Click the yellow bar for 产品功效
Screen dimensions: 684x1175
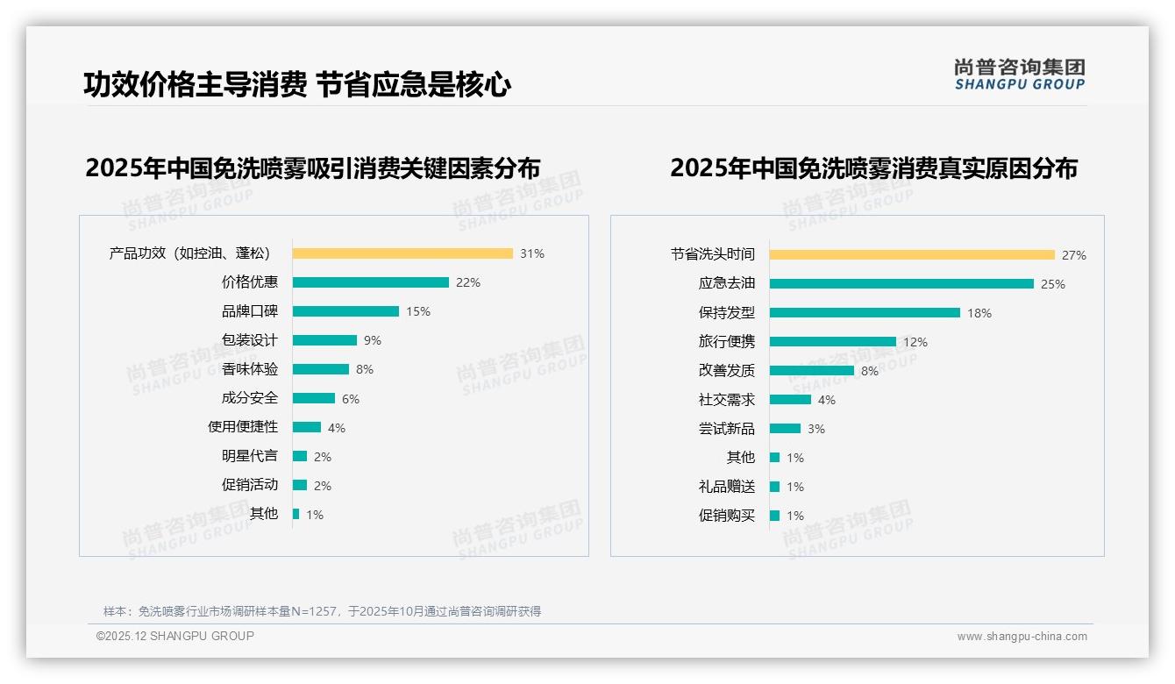pyautogui.click(x=402, y=253)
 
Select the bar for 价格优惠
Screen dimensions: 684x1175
pyautogui.click(x=370, y=282)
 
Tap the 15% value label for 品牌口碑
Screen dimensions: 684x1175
pyautogui.click(x=417, y=311)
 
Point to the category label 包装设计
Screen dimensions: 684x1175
pyautogui.click(x=250, y=340)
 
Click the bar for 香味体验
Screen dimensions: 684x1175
pyautogui.click(x=321, y=369)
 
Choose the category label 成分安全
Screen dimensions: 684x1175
pyautogui.click(x=250, y=398)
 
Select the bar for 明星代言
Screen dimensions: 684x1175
pyautogui.click(x=300, y=456)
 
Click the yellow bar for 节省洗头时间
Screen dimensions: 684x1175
pyautogui.click(x=912, y=255)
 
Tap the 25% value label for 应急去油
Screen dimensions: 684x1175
pyautogui.click(x=1052, y=284)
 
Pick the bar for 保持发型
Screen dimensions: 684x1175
pyautogui.click(x=865, y=313)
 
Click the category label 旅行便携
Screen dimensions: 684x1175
pyautogui.click(x=726, y=342)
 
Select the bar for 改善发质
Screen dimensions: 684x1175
pyautogui.click(x=812, y=371)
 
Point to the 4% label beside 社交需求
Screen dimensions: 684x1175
pyautogui.click(x=826, y=400)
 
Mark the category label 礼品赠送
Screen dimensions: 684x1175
pyautogui.click(x=726, y=487)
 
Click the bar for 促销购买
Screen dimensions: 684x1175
pyautogui.click(x=775, y=516)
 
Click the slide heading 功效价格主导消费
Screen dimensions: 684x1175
pyautogui.click(x=195, y=85)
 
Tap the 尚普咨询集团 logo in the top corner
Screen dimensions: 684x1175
pyautogui.click(x=1019, y=75)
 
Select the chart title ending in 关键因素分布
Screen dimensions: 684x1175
pyautogui.click(x=312, y=167)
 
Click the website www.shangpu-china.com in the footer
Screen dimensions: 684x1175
pyautogui.click(x=1022, y=637)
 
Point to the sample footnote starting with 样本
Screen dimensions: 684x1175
pyautogui.click(x=322, y=611)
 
